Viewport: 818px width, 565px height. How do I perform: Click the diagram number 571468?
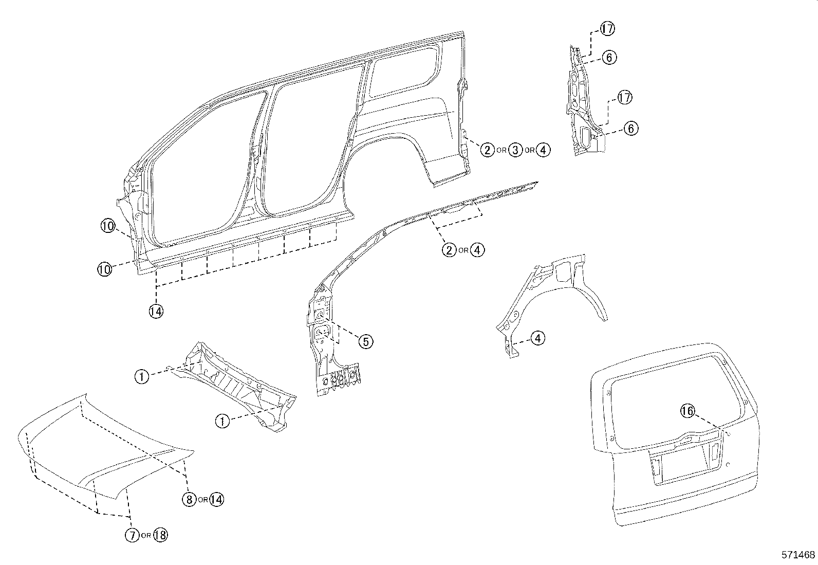coord(798,555)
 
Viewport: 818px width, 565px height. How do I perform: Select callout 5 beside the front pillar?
coord(365,341)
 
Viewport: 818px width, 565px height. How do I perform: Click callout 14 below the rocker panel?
coord(156,311)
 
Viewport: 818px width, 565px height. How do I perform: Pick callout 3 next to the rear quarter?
coord(515,150)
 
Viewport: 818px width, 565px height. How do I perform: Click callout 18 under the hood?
coord(160,535)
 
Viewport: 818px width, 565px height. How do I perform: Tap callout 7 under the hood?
coord(132,535)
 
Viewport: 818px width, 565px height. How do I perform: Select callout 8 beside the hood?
coord(189,499)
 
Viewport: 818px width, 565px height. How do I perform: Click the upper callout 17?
coord(607,29)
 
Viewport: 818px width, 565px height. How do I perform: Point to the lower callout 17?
coord(624,97)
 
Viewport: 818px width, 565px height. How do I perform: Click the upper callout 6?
coord(609,58)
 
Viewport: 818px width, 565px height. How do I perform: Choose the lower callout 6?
coord(631,129)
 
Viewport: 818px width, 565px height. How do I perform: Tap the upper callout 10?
coord(108,226)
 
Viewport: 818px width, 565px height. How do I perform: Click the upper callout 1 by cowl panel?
coord(142,376)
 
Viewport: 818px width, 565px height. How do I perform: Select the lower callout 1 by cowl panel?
coord(222,421)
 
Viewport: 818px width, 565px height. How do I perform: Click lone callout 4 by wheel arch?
coord(537,338)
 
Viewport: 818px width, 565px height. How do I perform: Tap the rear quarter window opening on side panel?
coord(405,72)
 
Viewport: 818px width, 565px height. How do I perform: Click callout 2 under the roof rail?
coord(449,250)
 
